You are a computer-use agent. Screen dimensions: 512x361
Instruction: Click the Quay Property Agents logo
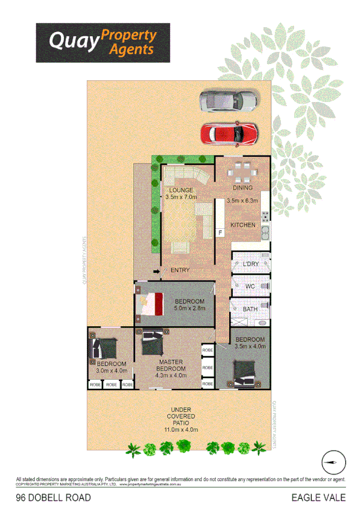click(102, 43)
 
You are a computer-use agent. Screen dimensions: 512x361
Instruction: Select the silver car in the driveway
click(228, 101)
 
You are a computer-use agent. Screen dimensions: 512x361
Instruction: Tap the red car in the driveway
click(229, 133)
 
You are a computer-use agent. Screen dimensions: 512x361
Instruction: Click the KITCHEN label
click(242, 225)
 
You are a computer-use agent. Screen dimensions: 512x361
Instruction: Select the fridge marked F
click(220, 232)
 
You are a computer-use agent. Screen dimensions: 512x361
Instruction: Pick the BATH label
click(250, 309)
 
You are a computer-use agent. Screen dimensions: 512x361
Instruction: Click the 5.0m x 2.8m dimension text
click(190, 308)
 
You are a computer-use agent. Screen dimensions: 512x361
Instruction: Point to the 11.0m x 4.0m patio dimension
click(181, 429)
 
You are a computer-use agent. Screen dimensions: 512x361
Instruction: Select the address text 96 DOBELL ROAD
click(54, 498)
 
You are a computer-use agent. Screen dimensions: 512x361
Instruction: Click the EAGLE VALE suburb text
click(318, 498)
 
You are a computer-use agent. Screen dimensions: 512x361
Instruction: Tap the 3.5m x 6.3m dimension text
click(242, 200)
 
